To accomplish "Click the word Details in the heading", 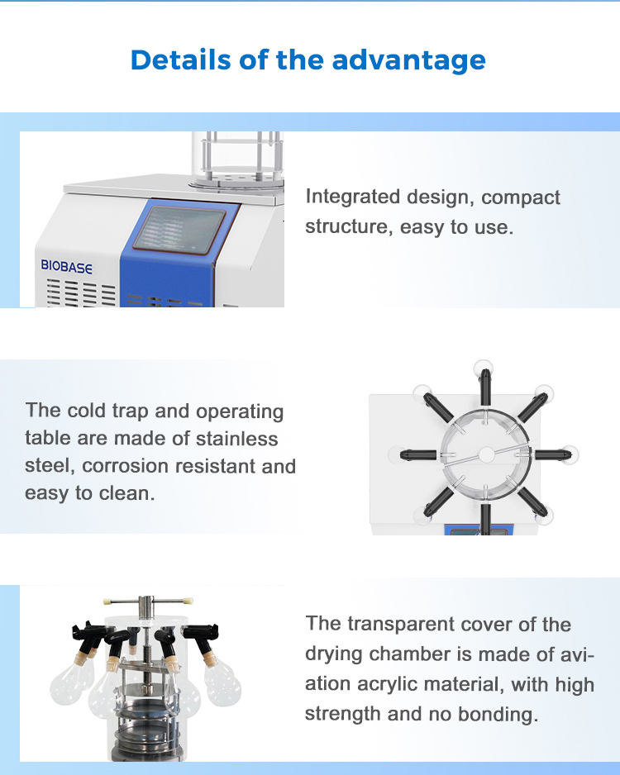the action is (181, 59).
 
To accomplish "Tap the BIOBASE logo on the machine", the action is (66, 267).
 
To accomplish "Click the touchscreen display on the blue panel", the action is (179, 231).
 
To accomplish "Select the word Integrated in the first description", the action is (352, 197).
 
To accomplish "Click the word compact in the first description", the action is (520, 197).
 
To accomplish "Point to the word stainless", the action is (236, 439).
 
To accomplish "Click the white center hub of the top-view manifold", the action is (486, 454).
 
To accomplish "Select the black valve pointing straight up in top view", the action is (485, 386).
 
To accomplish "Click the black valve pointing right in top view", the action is (553, 454).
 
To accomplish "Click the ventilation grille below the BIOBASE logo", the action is (82, 293).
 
